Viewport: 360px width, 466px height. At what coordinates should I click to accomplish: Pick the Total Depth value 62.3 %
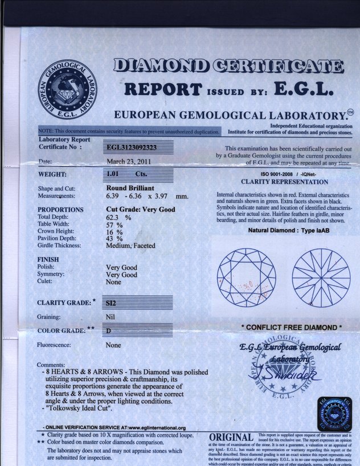[118, 217]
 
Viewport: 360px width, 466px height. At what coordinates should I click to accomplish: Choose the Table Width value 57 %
[114, 224]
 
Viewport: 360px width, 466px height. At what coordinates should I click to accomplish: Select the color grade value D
[109, 330]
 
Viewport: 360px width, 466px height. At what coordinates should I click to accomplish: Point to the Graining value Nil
[111, 316]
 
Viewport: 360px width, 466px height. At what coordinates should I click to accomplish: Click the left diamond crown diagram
[246, 277]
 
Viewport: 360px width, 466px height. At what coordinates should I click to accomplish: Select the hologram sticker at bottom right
[334, 414]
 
